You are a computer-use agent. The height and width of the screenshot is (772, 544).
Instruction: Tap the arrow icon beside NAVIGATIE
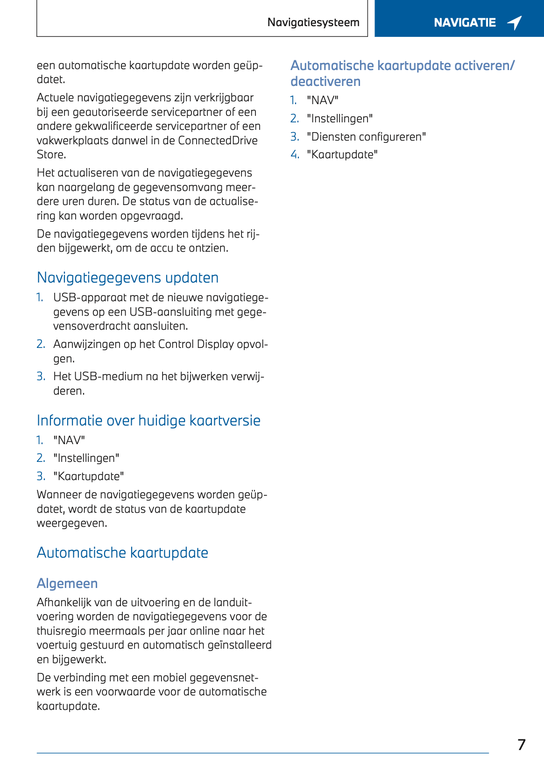[514, 22]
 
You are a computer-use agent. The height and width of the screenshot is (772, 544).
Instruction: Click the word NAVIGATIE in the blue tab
[465, 22]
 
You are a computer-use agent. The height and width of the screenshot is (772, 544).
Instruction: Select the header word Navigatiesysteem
[313, 22]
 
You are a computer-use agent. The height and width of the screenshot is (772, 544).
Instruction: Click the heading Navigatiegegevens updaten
[127, 277]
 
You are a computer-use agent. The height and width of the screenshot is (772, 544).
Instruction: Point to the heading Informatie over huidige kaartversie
[148, 420]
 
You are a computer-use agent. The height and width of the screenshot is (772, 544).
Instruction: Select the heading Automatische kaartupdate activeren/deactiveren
[402, 73]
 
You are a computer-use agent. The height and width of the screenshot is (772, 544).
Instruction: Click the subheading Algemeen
[67, 583]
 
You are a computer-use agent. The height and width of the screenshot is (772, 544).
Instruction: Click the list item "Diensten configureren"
[366, 137]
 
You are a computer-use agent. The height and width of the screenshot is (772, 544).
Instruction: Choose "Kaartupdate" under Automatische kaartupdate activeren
[342, 155]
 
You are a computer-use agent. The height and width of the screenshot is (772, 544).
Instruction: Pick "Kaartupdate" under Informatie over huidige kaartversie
[89, 476]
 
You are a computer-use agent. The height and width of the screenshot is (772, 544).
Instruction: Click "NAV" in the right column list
[323, 100]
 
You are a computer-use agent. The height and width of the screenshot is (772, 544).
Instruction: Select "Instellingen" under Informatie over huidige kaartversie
[86, 458]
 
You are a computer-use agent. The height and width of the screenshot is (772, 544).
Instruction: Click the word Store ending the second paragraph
[50, 155]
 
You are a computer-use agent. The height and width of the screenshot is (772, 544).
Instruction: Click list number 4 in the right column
[295, 155]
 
